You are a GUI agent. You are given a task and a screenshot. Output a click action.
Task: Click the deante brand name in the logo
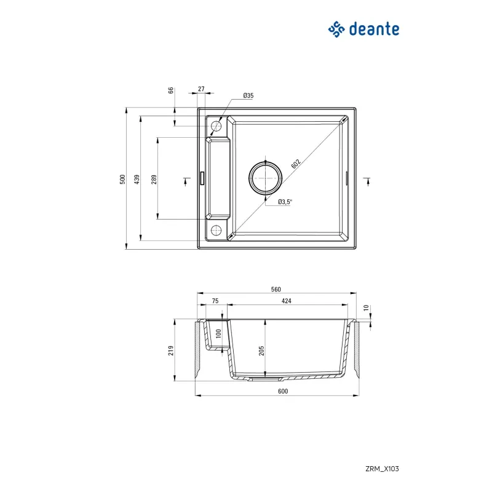(374, 28)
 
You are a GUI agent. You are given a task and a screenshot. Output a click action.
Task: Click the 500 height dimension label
(123, 179)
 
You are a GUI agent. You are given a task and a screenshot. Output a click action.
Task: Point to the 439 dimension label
(138, 179)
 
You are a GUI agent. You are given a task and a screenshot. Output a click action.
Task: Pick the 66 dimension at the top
(172, 91)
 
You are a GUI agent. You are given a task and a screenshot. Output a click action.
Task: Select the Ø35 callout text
(248, 95)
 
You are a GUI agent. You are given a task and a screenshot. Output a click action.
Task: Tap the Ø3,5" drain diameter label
(285, 202)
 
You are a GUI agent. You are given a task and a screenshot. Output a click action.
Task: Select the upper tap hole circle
(216, 126)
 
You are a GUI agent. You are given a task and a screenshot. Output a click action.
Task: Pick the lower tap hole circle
(216, 231)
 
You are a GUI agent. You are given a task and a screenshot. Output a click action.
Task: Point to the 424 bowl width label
(286, 301)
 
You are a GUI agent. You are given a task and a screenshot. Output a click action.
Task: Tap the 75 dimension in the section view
(215, 301)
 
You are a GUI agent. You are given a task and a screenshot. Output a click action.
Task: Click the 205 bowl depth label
(261, 350)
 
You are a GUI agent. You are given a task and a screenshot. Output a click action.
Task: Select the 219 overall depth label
(172, 350)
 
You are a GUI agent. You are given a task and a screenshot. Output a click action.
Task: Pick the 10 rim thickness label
(365, 307)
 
